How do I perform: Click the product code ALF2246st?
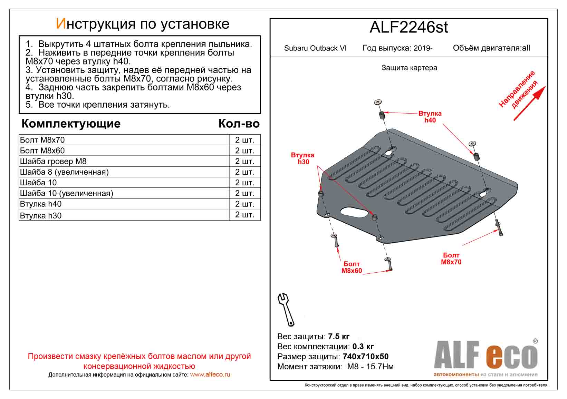[x=409, y=27]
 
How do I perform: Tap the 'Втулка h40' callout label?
[x=430, y=117]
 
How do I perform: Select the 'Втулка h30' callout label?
[x=302, y=159]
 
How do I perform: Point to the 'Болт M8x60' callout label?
[x=352, y=267]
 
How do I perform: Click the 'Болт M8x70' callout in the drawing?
[x=451, y=259]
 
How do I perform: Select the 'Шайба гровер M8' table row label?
[x=53, y=161]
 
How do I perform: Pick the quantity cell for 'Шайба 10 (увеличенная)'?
[x=244, y=193]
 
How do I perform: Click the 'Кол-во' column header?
[x=239, y=124]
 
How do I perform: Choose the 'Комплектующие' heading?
[x=71, y=124]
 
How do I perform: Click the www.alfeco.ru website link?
[x=210, y=374]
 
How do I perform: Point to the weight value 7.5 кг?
[x=339, y=337]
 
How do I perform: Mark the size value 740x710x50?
[x=365, y=357]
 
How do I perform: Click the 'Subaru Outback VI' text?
[x=315, y=48]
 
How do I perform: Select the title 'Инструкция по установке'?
[x=142, y=24]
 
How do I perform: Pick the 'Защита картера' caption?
[x=409, y=68]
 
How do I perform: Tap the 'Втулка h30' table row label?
[x=41, y=216]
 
